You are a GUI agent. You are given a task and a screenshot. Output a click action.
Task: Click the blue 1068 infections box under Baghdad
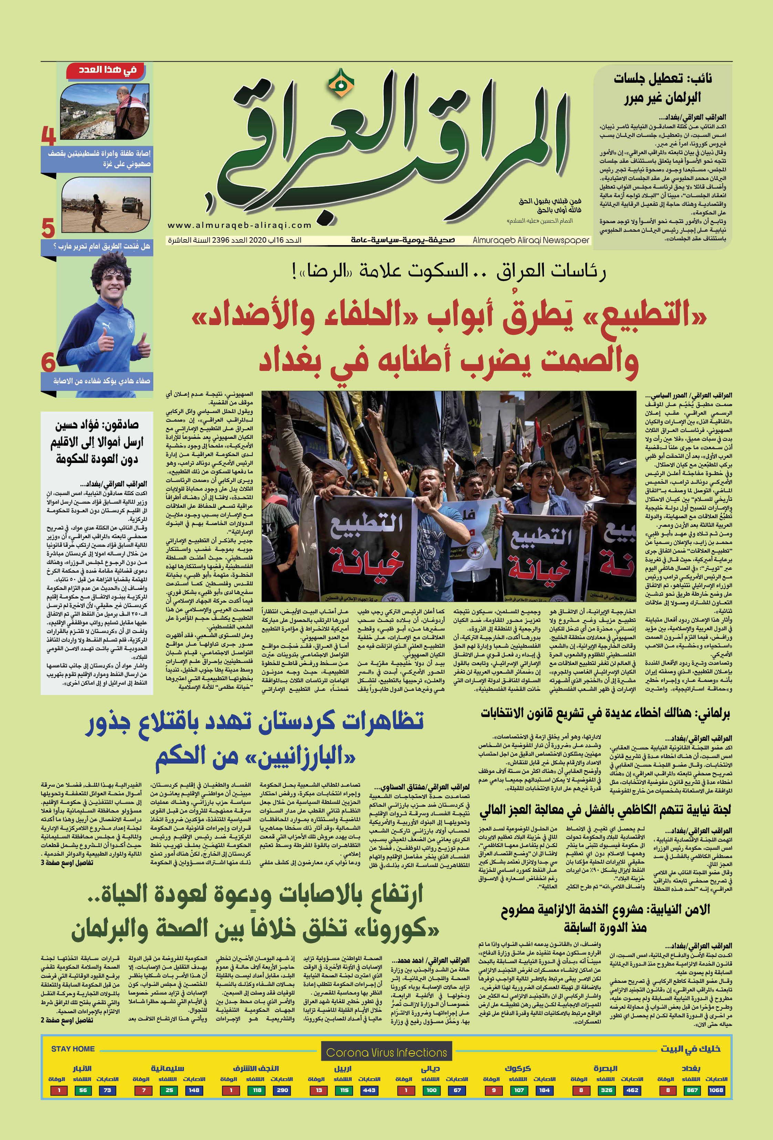(716, 1090)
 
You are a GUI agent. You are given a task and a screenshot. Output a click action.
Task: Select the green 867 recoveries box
(691, 1090)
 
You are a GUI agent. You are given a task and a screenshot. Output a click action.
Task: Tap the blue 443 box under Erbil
(369, 1090)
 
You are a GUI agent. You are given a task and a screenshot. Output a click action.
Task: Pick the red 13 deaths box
(319, 1090)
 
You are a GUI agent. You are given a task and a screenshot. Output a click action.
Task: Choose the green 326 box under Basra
(606, 1090)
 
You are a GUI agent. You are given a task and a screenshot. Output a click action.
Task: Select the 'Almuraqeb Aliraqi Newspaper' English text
(531, 240)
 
